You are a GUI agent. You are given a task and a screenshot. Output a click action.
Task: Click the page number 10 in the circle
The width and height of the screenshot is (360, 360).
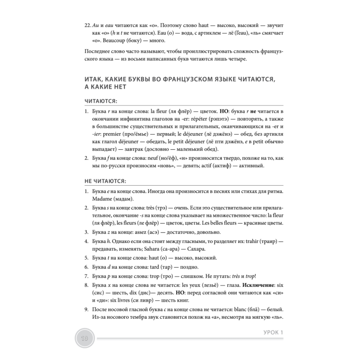pyautogui.click(x=85, y=338)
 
